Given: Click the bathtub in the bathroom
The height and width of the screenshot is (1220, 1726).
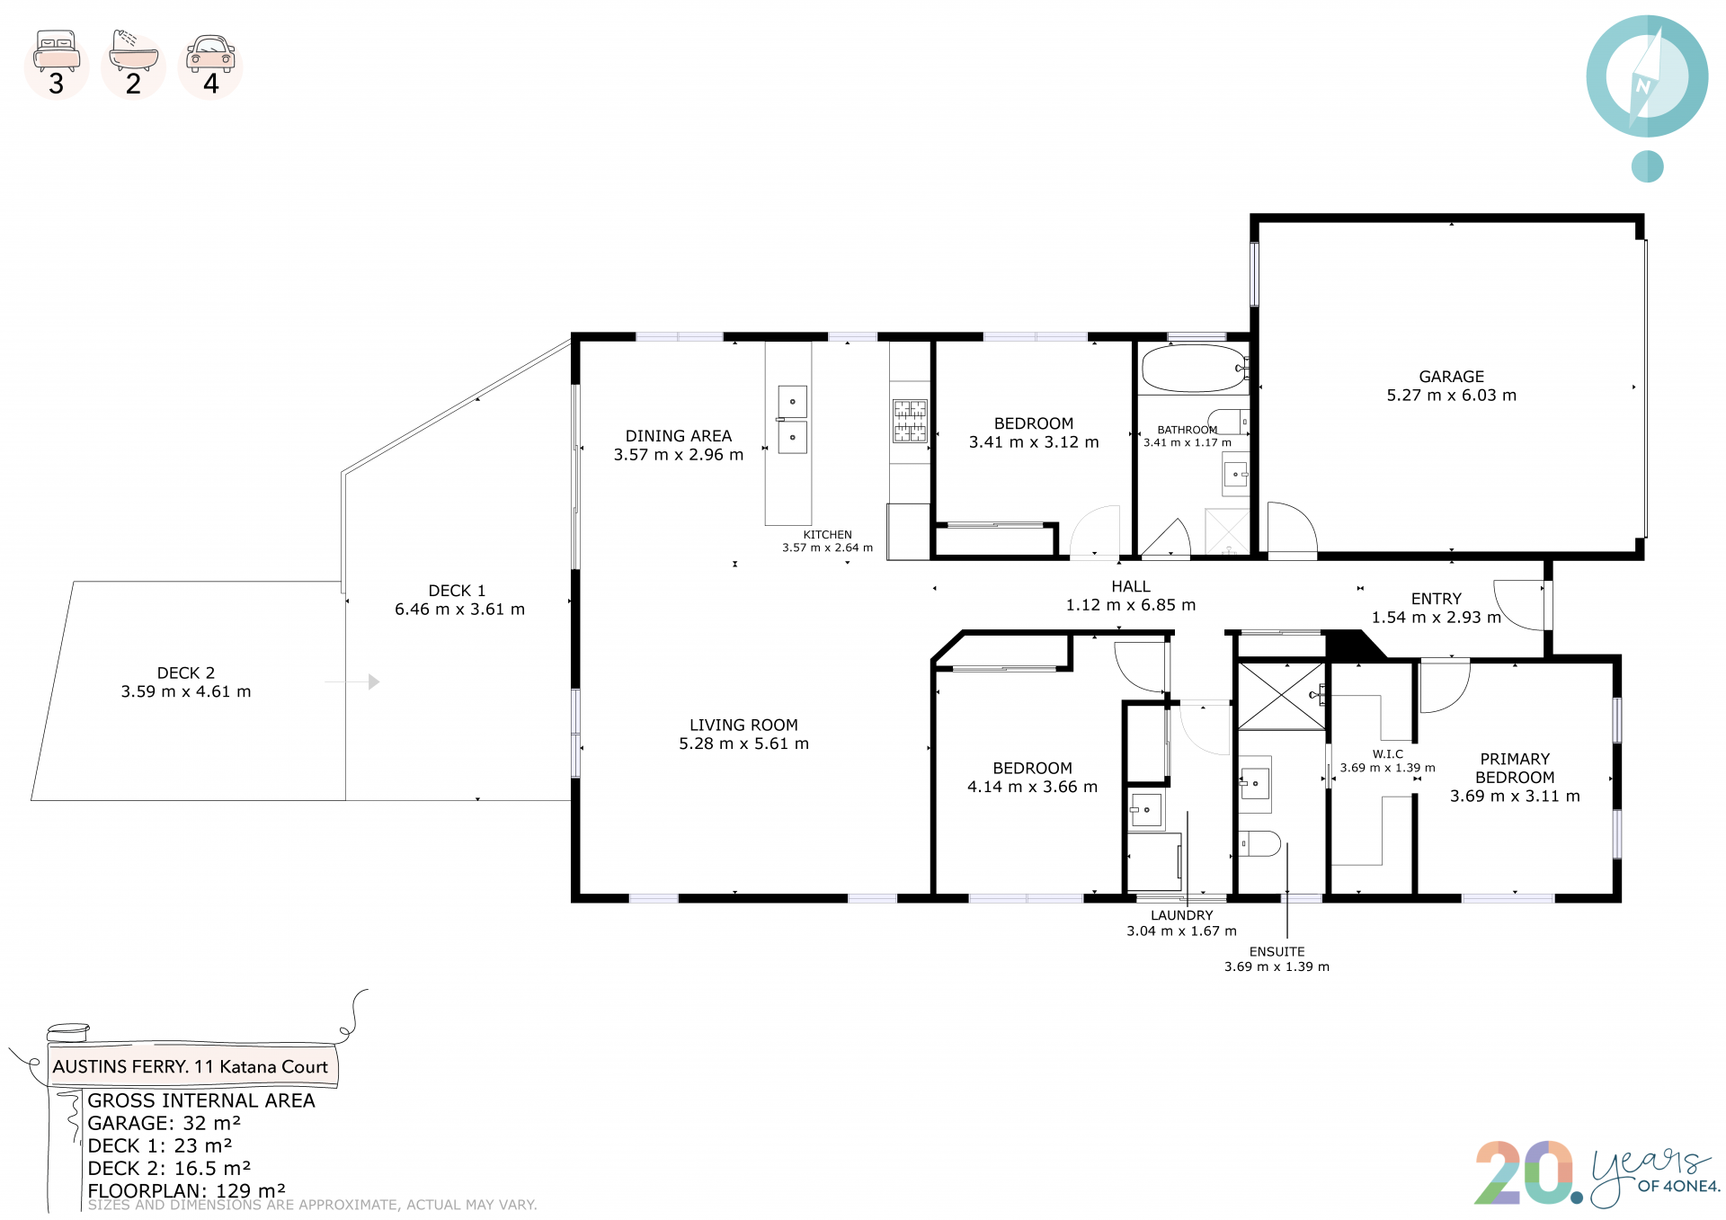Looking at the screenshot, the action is pyautogui.click(x=1194, y=369).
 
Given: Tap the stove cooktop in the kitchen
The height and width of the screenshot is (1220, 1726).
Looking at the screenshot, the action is pyautogui.click(x=910, y=421).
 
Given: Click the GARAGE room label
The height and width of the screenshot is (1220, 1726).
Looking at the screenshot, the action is pyautogui.click(x=1451, y=377).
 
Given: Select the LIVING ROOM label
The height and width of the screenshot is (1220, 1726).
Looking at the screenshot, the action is pyautogui.click(x=743, y=725).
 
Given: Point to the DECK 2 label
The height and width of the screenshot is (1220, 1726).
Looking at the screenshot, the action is pyautogui.click(x=186, y=672).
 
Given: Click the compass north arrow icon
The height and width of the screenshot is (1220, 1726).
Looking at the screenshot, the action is pyautogui.click(x=1647, y=76).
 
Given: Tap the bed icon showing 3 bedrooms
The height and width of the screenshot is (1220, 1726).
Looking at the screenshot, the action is pyautogui.click(x=57, y=50).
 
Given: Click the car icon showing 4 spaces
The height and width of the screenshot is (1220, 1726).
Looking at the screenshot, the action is pyautogui.click(x=210, y=53).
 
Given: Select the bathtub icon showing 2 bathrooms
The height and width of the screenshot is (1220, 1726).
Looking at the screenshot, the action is pyautogui.click(x=133, y=50).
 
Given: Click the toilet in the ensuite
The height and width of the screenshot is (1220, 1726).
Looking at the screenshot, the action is pyautogui.click(x=1259, y=844).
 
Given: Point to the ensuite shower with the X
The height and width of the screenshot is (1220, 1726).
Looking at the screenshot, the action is pyautogui.click(x=1281, y=696).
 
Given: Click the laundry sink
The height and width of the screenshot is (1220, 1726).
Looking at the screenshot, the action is pyautogui.click(x=1146, y=810).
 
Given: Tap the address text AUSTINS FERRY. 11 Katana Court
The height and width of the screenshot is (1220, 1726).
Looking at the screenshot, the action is pyautogui.click(x=191, y=1066).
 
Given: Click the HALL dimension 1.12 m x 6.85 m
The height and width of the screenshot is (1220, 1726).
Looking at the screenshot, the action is pyautogui.click(x=1131, y=605).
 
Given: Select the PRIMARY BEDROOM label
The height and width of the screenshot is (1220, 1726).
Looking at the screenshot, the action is pyautogui.click(x=1515, y=769).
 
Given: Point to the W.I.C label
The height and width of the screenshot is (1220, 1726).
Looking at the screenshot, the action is pyautogui.click(x=1387, y=754).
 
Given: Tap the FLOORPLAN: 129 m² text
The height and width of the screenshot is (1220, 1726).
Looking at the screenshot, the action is pyautogui.click(x=186, y=1190).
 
